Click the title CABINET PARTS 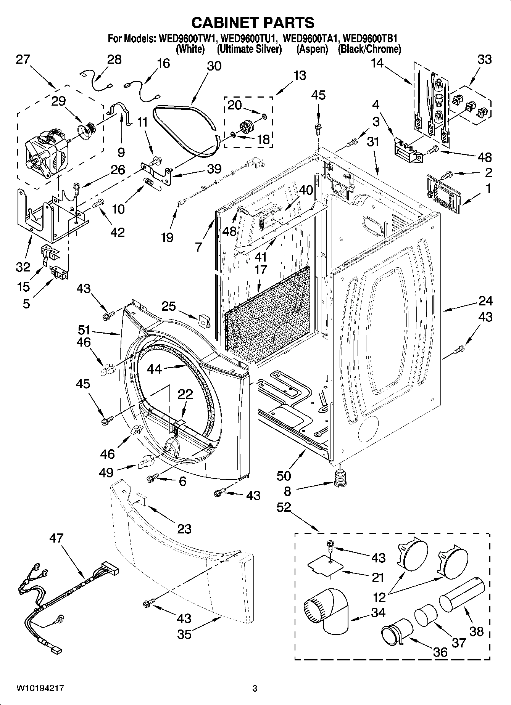pos(253,22)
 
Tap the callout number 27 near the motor pos(23,60)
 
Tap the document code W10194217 pos(40,689)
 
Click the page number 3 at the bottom pos(255,689)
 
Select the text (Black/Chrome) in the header pos(369,49)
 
